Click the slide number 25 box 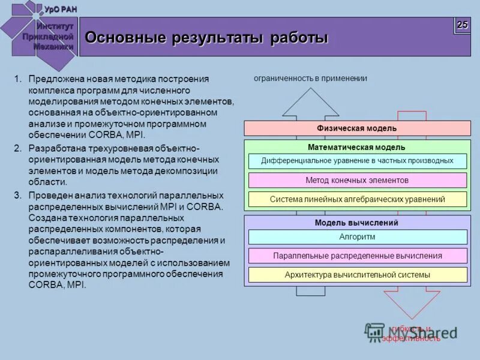(x=462, y=25)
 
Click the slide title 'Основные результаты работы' (x=206, y=38)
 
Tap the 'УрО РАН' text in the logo (x=61, y=8)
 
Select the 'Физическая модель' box (x=357, y=128)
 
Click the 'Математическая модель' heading (x=357, y=147)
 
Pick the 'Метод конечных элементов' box (x=357, y=180)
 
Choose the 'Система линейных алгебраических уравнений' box (x=357, y=199)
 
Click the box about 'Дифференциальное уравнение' (x=357, y=161)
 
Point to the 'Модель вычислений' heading (x=357, y=223)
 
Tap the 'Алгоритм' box (x=357, y=236)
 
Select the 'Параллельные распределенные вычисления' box (x=357, y=256)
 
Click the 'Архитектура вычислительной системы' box (x=357, y=275)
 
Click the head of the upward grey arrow (x=310, y=103)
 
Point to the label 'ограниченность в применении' (x=310, y=78)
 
